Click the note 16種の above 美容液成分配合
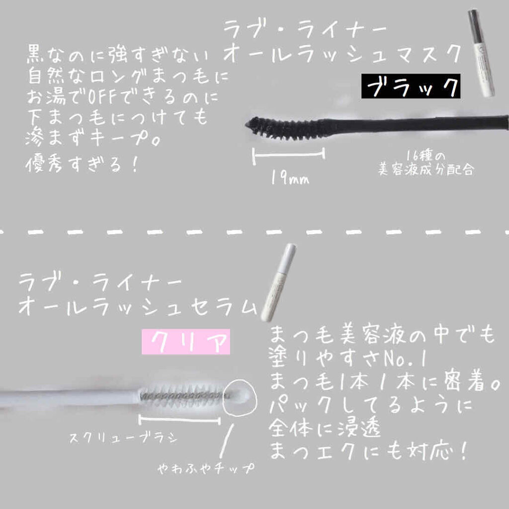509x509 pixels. pyautogui.click(x=422, y=154)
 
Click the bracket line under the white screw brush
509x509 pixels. pyautogui.click(x=179, y=421)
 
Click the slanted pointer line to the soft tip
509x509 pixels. pyautogui.click(x=227, y=436)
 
